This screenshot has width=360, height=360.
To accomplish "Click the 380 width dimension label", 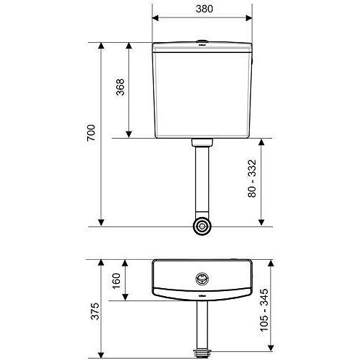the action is click(x=204, y=9).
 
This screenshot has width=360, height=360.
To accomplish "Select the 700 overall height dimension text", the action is click(x=91, y=133).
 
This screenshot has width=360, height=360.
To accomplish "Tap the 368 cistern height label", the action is click(x=120, y=87).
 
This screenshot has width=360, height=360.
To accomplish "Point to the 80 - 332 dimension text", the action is click(x=252, y=179).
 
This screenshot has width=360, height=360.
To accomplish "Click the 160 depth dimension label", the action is click(x=116, y=281).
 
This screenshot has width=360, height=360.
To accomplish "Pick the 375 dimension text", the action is click(x=95, y=311).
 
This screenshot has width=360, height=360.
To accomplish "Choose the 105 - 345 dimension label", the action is click(x=264, y=310).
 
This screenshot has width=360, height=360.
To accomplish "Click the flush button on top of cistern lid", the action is click(x=202, y=41).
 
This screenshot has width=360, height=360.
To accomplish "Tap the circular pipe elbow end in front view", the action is click(x=202, y=226).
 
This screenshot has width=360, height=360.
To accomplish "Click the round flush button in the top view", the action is click(x=202, y=279).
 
